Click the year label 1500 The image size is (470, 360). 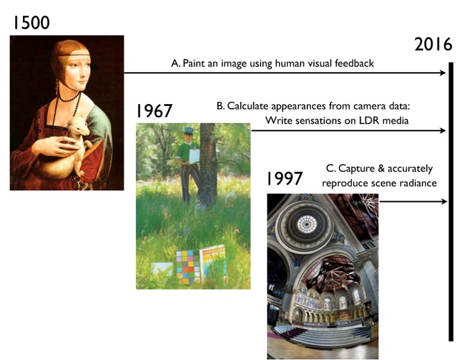click(31, 23)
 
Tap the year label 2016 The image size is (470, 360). click(433, 44)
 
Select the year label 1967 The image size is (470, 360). click(154, 111)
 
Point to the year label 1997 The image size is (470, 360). click(285, 179)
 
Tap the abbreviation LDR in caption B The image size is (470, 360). click(367, 121)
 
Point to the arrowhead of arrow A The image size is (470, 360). click(443, 73)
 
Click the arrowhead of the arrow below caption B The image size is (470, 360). click(443, 130)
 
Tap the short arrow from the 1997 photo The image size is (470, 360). click(413, 202)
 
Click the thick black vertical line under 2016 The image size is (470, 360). click(451, 202)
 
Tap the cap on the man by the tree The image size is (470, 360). click(188, 130)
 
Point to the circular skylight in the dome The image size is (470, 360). click(307, 224)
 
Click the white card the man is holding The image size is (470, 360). click(194, 156)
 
